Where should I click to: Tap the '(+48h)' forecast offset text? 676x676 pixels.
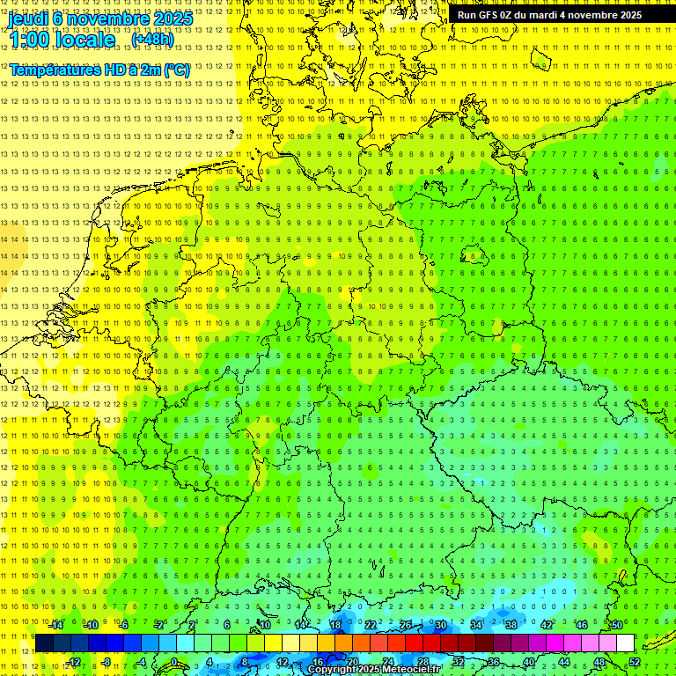(x=152, y=40)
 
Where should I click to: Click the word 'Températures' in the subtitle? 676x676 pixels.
(x=52, y=70)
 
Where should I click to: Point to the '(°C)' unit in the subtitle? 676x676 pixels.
(x=176, y=70)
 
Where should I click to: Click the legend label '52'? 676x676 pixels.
(x=635, y=662)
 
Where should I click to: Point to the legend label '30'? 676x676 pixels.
(x=441, y=625)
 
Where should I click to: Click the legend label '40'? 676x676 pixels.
(x=529, y=662)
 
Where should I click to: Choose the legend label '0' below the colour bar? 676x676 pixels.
(x=173, y=662)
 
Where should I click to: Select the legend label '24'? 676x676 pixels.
(x=387, y=662)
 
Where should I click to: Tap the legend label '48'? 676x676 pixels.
(x=599, y=662)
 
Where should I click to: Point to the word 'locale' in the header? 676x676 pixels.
(x=84, y=40)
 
